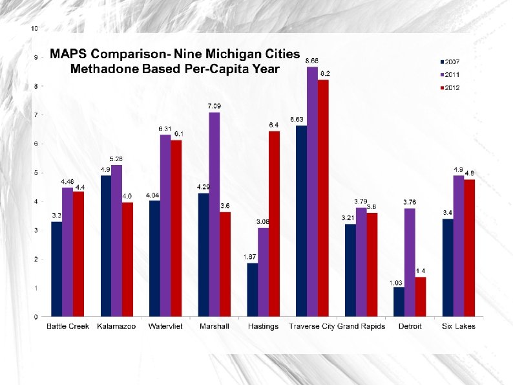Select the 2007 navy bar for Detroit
point(399,302)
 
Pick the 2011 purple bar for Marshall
point(214,214)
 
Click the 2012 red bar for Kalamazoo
point(127,259)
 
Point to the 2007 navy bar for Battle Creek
point(57,269)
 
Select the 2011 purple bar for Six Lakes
point(459,246)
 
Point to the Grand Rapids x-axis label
point(361,327)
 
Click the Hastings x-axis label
point(263,327)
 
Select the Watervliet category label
point(165,327)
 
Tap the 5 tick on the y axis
point(35,173)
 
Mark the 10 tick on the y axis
point(34,28)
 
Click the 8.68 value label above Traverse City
point(312,60)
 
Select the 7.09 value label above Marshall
point(214,106)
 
